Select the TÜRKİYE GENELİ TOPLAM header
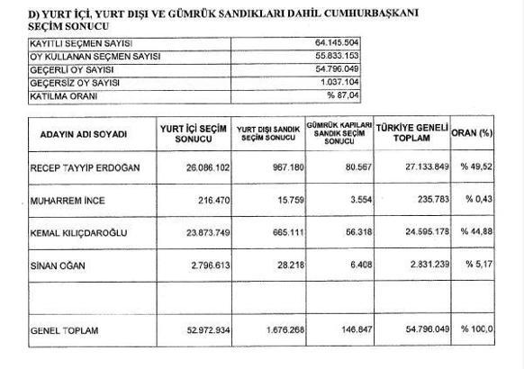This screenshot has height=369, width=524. pos(411,134)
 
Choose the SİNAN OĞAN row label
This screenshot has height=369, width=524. pos(57,266)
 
